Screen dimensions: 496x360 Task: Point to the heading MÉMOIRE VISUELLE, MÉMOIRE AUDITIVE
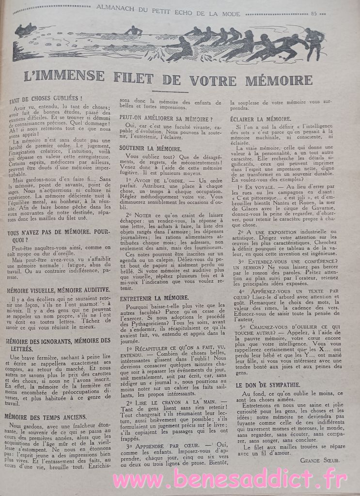[59, 290]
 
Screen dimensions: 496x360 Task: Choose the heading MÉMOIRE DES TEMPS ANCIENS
[46, 416]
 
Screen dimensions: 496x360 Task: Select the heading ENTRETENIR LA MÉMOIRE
[154, 297]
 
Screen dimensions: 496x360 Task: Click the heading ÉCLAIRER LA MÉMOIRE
[261, 119]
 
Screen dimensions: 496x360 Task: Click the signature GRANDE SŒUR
[320, 460]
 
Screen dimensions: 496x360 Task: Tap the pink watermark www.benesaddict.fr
[230, 480]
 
